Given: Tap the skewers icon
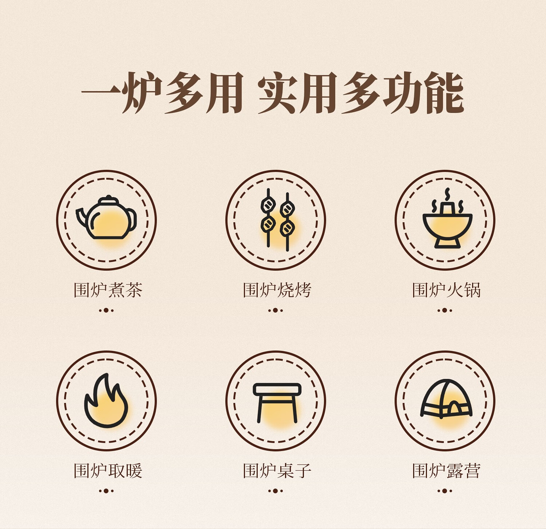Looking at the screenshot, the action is [x=277, y=220].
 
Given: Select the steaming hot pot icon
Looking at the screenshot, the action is [x=447, y=219].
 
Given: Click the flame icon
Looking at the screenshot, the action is [x=106, y=400].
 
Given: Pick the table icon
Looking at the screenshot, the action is [x=277, y=403].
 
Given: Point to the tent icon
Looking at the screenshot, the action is [x=446, y=399].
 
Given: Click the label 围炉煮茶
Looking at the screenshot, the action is [x=108, y=290].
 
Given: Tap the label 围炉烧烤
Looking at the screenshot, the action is [x=277, y=290].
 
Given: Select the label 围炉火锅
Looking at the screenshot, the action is [x=446, y=290].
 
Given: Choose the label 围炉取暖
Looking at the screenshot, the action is [x=108, y=471].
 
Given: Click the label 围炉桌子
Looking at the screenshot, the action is [x=277, y=471].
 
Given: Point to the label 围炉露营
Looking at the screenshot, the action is [x=446, y=471].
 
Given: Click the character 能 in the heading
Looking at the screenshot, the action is [x=444, y=93].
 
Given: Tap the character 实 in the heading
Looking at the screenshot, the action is [x=277, y=93].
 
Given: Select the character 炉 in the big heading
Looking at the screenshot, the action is [x=142, y=93].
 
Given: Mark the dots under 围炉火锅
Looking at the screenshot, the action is [x=445, y=310].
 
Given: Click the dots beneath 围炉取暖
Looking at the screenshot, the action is [x=106, y=491].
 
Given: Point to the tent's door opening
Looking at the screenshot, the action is [x=455, y=408].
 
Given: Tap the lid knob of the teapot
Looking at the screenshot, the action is [x=108, y=198].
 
